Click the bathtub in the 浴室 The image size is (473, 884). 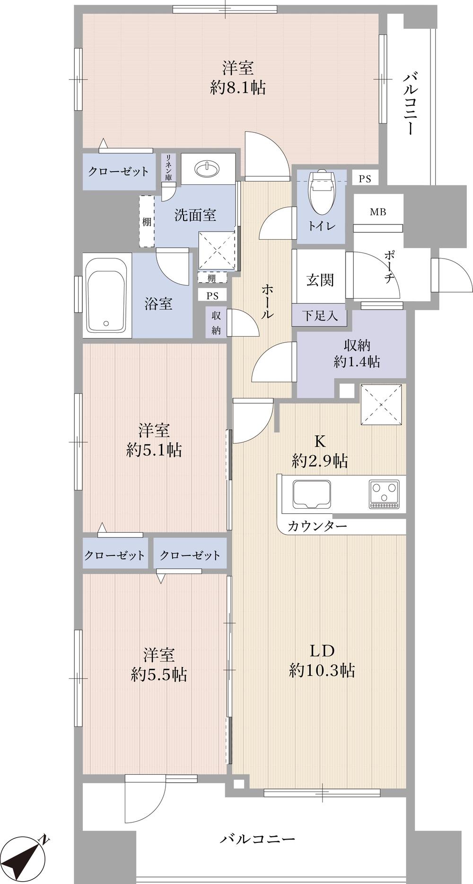pos(106,295)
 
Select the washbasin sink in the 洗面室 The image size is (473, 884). pos(208,168)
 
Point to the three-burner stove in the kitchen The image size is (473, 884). pos(384,494)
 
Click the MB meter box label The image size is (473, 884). pos(378,212)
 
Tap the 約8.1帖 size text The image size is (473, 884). pos(238,88)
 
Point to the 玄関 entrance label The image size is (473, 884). pos(320,280)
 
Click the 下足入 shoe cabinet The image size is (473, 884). pos(320,315)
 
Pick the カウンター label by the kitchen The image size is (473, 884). pos(317,526)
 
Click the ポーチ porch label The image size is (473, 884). pos(389,267)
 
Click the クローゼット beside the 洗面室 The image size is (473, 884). pos(118,171)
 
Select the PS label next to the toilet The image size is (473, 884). pos(365,179)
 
